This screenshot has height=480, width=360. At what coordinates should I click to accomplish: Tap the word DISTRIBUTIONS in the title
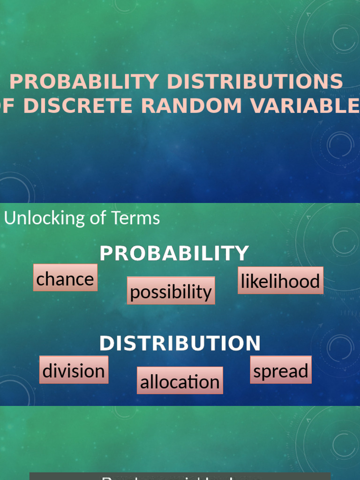tap(255, 82)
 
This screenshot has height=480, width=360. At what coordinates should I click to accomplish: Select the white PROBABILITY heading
tap(174, 254)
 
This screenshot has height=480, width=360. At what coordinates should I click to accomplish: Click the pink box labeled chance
tap(65, 278)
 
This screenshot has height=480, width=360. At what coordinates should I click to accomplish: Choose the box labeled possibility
tap(171, 291)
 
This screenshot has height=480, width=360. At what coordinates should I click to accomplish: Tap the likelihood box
tap(280, 281)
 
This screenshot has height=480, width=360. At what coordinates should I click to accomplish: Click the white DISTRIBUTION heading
tap(180, 344)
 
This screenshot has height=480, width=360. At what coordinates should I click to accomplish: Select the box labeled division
tap(74, 370)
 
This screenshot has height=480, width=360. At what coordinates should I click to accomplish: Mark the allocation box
tap(180, 381)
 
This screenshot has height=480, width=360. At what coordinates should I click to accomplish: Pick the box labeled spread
tap(280, 370)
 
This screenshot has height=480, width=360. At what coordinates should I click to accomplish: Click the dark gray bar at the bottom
tap(180, 476)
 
